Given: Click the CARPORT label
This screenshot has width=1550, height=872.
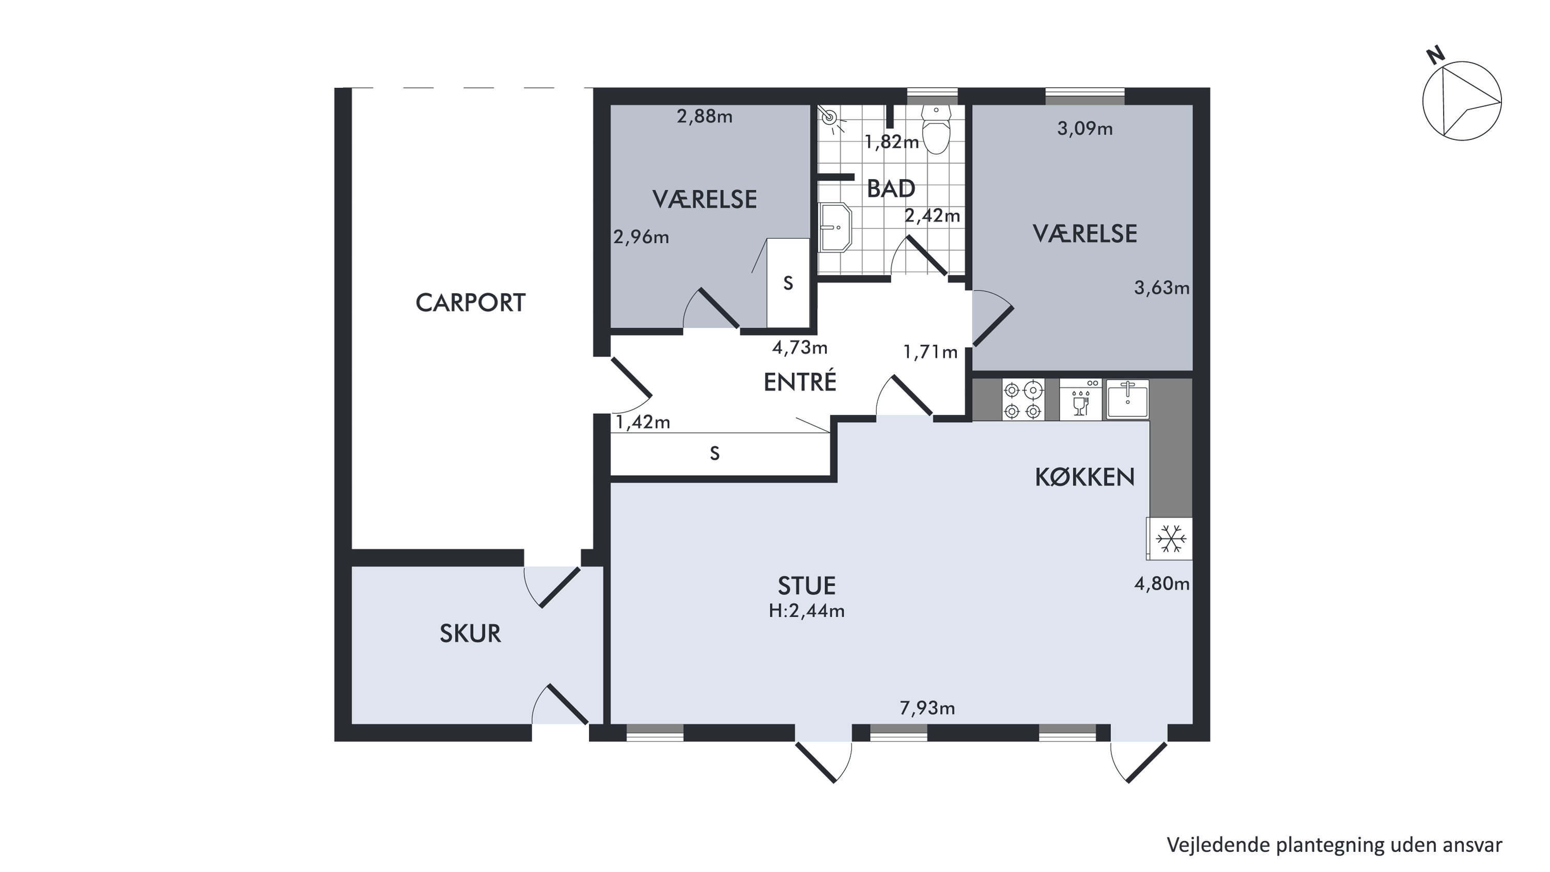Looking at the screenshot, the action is pos(471,303).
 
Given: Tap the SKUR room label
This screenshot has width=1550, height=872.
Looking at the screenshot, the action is pos(470,634).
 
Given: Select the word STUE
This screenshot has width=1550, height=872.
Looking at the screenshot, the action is pos(807,585).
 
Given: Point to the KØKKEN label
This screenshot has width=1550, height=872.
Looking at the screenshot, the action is pos(1085,477).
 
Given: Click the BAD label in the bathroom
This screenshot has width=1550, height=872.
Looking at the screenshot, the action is pos(891,189).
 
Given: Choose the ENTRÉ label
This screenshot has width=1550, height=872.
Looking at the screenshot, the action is pos(800,382).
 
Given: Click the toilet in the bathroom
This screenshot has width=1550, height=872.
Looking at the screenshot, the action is pos(936,129).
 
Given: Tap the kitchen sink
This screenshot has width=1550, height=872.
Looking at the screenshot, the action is pos(1127,399).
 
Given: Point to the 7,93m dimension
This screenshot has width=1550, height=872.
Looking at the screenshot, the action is pos(927,709).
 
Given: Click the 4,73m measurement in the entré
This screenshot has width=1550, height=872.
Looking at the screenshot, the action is pos(800,348).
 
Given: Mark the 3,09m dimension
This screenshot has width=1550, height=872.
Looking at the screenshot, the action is pos(1085,129).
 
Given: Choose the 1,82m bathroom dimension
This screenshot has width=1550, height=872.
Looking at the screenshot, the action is pos(892,142).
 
